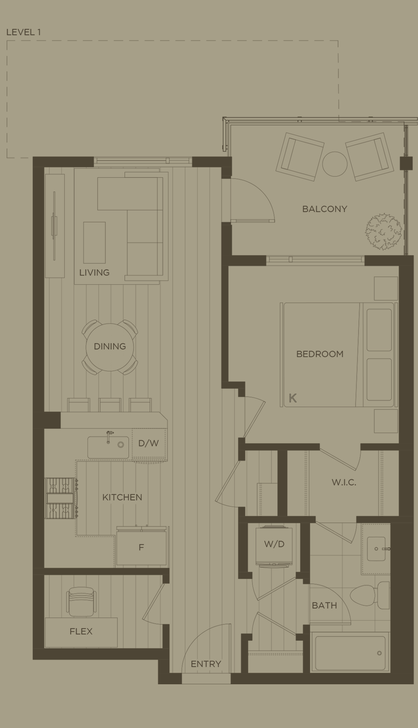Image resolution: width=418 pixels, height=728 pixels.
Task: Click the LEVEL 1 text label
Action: click(x=24, y=32)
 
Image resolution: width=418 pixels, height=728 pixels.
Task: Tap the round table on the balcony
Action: click(x=334, y=164)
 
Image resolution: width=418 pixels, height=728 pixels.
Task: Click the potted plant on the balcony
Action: click(x=384, y=232)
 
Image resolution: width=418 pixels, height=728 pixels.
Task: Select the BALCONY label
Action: click(x=324, y=209)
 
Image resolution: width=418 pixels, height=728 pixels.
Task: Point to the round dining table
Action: click(x=110, y=347)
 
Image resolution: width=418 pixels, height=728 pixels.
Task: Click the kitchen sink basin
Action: click(x=108, y=447)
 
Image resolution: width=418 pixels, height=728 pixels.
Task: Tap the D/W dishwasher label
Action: click(x=148, y=443)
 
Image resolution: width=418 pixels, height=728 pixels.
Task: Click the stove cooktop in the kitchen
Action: click(x=60, y=498)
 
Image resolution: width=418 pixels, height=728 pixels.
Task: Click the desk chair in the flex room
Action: click(x=81, y=602)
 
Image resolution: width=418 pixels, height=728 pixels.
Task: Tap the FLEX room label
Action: click(x=81, y=631)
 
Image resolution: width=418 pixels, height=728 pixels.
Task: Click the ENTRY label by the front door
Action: click(x=206, y=664)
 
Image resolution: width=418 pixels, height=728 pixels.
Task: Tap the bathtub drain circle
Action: click(x=379, y=653)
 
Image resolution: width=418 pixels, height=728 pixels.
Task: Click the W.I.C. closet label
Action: click(x=344, y=482)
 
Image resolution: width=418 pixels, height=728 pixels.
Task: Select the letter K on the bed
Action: click(x=293, y=398)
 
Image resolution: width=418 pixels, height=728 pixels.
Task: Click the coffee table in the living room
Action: click(x=94, y=242)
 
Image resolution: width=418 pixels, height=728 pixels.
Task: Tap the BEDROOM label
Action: click(x=320, y=354)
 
